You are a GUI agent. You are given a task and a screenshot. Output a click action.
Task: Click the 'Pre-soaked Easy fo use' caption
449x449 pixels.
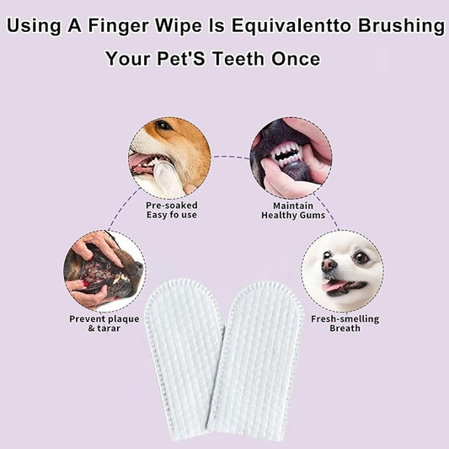(171, 209)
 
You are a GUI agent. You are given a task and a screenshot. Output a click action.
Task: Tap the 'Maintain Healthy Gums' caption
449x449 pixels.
(291, 209)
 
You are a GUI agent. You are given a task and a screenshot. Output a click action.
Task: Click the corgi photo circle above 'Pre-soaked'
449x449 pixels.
(169, 157)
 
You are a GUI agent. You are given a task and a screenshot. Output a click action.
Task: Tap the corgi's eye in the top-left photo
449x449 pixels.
(163, 126)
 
